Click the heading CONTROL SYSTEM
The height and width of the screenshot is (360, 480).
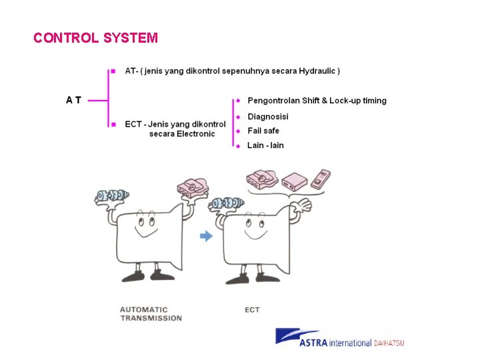(95, 38)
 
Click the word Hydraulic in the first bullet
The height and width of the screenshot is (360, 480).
(317, 71)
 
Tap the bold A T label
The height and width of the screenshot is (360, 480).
(74, 100)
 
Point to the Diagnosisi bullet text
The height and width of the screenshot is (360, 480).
(268, 117)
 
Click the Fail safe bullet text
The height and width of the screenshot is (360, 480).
(263, 131)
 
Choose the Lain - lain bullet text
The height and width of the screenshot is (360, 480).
(265, 145)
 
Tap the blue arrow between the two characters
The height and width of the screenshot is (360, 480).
(207, 235)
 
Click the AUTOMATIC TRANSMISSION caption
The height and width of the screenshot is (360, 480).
(151, 314)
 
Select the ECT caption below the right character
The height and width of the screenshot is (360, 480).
(252, 310)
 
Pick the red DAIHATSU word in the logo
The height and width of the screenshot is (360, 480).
(389, 343)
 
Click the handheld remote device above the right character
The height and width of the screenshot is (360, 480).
(321, 179)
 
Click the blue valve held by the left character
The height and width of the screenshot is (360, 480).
(112, 195)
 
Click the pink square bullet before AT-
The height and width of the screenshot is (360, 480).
(113, 70)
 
